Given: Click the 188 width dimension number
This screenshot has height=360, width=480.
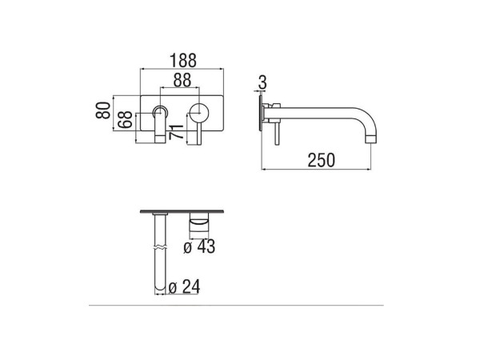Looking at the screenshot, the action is pyautogui.click(x=182, y=60).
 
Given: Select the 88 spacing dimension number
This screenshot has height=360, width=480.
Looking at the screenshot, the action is pyautogui.click(x=182, y=80).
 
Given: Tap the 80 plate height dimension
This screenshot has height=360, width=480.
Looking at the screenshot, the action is pyautogui.click(x=103, y=110).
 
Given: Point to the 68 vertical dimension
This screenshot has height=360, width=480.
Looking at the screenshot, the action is pyautogui.click(x=126, y=120).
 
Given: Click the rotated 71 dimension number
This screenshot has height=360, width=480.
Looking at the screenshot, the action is pyautogui.click(x=176, y=132).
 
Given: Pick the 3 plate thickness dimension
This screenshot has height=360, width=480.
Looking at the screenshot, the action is pyautogui.click(x=262, y=82).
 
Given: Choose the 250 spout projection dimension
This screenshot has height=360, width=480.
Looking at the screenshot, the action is pyautogui.click(x=321, y=160).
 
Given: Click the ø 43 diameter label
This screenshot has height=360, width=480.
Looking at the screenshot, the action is pyautogui.click(x=199, y=246).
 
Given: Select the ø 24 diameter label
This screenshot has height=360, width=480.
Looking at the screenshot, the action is pyautogui.click(x=184, y=287).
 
